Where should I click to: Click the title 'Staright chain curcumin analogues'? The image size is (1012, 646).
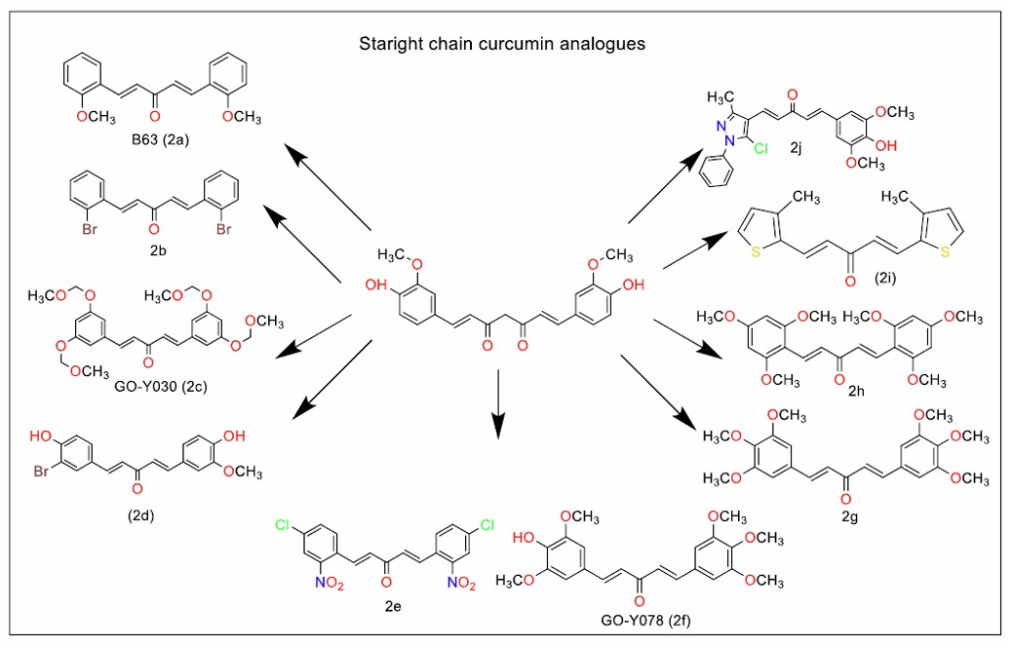(502, 45)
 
